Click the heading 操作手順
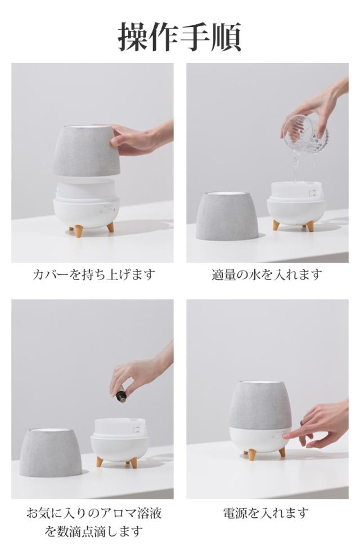click(x=179, y=37)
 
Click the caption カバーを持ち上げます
click(x=94, y=274)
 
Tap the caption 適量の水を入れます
click(x=267, y=274)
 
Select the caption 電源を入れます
click(x=266, y=513)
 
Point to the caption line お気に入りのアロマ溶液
click(x=94, y=513)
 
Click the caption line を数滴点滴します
click(x=94, y=531)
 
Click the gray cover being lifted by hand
click(x=87, y=151)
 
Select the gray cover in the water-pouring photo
click(x=227, y=216)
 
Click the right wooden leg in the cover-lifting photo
click(x=110, y=227)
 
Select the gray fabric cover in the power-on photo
click(x=260, y=405)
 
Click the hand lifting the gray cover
click(x=141, y=137)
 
